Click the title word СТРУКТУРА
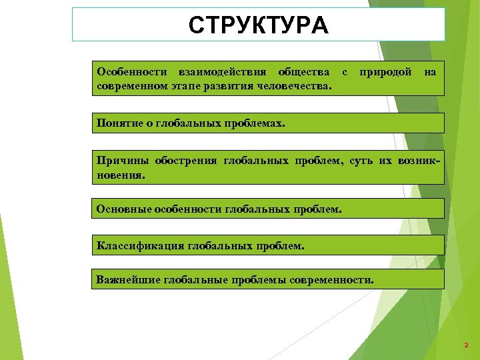[x=258, y=25]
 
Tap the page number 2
[x=466, y=345]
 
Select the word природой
[x=385, y=71]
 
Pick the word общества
[x=303, y=71]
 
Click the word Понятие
[x=119, y=123]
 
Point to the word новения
[x=119, y=177]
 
